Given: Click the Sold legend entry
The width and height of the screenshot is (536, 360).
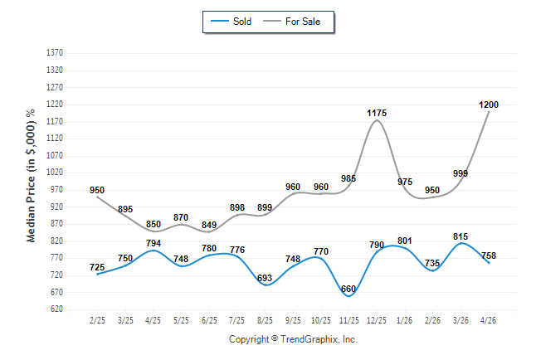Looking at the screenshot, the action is [231, 22].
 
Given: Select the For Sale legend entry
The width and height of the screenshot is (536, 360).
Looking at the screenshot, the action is [291, 22].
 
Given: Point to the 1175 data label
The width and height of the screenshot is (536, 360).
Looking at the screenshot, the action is [377, 113].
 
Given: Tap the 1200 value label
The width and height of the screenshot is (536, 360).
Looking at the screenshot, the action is [489, 105].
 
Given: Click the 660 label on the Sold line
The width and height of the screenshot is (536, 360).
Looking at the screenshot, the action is [348, 289].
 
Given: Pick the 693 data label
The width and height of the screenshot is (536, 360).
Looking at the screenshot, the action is [265, 278].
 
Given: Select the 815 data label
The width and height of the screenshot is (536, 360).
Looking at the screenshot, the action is [460, 236].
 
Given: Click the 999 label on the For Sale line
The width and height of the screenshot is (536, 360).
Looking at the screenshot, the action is [460, 173].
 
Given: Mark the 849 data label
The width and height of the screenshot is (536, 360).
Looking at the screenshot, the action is [209, 225].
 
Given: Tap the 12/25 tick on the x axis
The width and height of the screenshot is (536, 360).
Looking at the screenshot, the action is [377, 320].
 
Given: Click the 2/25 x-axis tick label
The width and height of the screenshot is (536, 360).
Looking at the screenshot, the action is [97, 320].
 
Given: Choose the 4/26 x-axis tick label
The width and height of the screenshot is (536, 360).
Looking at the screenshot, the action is [488, 320].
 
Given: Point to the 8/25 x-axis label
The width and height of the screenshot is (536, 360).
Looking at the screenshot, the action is [265, 320].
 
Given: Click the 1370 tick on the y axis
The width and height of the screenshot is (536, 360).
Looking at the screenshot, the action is [55, 52].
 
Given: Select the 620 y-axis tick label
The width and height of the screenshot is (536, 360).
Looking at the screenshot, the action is [56, 309].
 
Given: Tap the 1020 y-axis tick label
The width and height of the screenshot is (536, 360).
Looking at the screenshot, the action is [55, 172].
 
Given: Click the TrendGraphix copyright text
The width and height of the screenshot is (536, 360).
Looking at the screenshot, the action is [293, 339].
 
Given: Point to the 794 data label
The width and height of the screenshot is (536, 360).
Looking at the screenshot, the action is [153, 243].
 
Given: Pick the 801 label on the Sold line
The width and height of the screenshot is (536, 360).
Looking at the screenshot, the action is [404, 241].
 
